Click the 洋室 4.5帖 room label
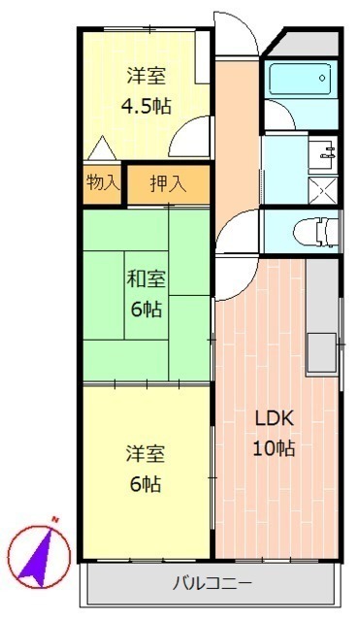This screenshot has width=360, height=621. [x=147, y=90]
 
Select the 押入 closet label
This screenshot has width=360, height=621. [x=168, y=183]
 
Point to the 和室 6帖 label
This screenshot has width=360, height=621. [x=147, y=294]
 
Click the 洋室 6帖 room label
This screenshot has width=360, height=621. [x=146, y=469]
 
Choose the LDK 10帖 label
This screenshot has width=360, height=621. [x=274, y=434]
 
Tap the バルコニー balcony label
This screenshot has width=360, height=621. [x=213, y=583]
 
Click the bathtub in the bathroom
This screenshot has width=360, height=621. [x=300, y=80]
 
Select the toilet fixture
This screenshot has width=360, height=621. [x=315, y=232]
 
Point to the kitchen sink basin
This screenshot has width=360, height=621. [x=322, y=352]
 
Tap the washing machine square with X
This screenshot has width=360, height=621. [x=323, y=190]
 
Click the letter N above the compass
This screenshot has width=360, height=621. [x=55, y=519]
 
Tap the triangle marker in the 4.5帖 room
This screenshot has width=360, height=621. [x=102, y=147]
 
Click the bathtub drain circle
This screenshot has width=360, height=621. [x=322, y=78]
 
